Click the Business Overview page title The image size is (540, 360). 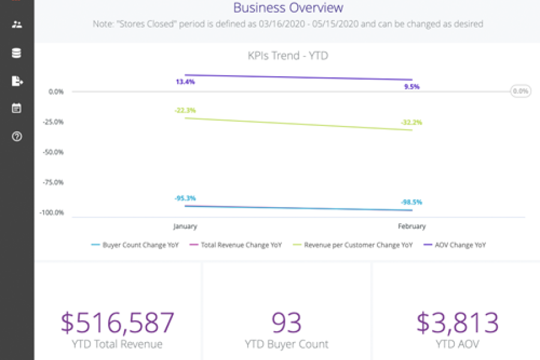[x=288, y=8]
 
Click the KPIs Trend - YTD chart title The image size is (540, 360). [x=288, y=56]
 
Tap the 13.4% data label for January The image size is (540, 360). [x=185, y=82]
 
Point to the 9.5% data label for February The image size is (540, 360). [x=412, y=86]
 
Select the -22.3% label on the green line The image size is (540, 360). [x=185, y=110]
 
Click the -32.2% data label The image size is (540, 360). [x=412, y=122]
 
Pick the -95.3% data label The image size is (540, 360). [x=185, y=198]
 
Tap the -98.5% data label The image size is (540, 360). [x=412, y=202]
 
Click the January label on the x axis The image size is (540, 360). [x=185, y=226]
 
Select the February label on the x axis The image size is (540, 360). [x=412, y=226]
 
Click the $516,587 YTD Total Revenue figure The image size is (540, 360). [x=118, y=323]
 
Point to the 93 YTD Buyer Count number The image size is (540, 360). [x=287, y=323]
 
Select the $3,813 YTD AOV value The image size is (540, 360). [x=457, y=323]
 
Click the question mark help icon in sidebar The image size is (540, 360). [x=17, y=136]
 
